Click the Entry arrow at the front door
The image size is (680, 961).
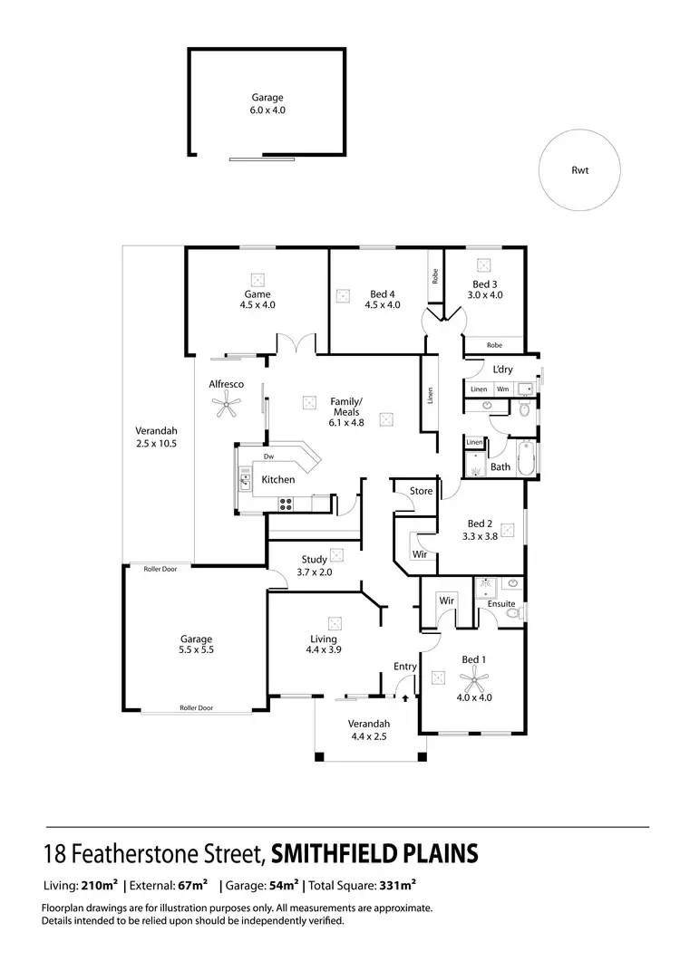click(x=404, y=698)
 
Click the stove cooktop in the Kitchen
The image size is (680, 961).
click(x=285, y=504)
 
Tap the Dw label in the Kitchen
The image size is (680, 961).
click(x=268, y=456)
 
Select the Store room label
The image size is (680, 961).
click(x=421, y=491)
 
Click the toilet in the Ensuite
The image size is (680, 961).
click(x=513, y=614)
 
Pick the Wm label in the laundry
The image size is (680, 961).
click(x=501, y=389)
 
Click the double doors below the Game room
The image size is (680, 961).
click(x=296, y=344)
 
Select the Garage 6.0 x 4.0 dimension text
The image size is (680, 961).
click(x=267, y=110)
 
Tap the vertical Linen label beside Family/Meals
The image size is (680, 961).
click(x=430, y=396)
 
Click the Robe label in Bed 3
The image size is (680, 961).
click(x=493, y=345)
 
